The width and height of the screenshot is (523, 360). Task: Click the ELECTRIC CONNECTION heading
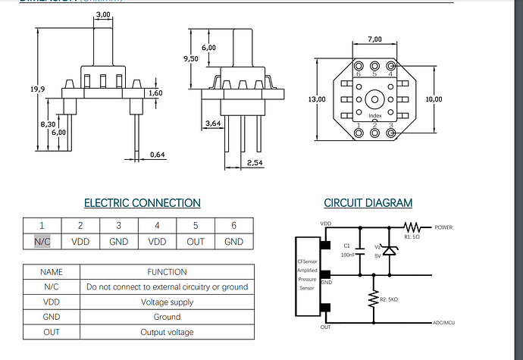click(x=142, y=203)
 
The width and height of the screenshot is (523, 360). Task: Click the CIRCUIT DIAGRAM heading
click(x=368, y=203)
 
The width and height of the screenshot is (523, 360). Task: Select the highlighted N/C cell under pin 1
click(x=42, y=242)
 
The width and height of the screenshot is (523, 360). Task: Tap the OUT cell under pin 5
click(x=196, y=242)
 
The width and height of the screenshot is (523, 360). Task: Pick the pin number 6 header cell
click(x=233, y=225)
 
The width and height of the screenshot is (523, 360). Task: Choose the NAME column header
click(x=51, y=271)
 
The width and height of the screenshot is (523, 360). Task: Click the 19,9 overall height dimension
click(x=37, y=89)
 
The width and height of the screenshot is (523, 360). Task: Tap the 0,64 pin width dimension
click(x=157, y=155)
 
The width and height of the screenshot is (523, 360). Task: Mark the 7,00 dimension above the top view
click(x=374, y=39)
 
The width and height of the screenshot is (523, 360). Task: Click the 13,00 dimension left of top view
click(x=317, y=99)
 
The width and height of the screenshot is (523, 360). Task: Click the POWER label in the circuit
click(x=444, y=227)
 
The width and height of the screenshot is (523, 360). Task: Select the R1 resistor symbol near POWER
click(x=413, y=226)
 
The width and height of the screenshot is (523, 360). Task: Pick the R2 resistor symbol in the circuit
click(x=373, y=300)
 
